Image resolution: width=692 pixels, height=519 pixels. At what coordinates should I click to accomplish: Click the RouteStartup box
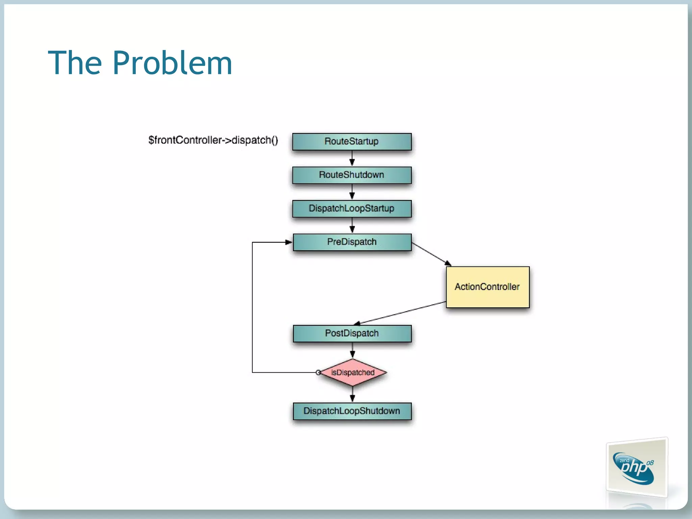pyautogui.click(x=352, y=141)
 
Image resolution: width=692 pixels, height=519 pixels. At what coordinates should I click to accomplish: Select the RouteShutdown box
pyautogui.click(x=352, y=175)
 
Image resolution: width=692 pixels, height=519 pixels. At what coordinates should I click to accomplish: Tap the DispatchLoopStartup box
pyautogui.click(x=352, y=208)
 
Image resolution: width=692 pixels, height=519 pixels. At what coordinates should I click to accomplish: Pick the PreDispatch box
pyautogui.click(x=352, y=242)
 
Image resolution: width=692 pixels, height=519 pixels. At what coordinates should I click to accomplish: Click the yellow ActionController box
pyautogui.click(x=487, y=287)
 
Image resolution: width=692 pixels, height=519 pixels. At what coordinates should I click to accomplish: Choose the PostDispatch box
pyautogui.click(x=352, y=333)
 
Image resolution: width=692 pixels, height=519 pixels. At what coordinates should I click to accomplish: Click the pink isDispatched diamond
pyautogui.click(x=352, y=372)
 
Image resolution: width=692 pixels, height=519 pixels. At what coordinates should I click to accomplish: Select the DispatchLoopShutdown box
pyautogui.click(x=352, y=411)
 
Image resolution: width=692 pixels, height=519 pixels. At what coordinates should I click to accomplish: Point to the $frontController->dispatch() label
pyautogui.click(x=213, y=140)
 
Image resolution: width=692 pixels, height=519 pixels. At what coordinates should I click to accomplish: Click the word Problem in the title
pyautogui.click(x=172, y=63)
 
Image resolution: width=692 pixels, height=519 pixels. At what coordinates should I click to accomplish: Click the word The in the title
pyautogui.click(x=75, y=63)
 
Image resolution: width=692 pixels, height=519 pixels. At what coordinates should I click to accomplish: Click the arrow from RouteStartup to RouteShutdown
pyautogui.click(x=352, y=158)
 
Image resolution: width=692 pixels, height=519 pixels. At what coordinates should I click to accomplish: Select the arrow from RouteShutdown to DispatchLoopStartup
pyautogui.click(x=352, y=192)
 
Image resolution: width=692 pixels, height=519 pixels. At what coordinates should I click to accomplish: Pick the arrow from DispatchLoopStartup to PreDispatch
pyautogui.click(x=352, y=225)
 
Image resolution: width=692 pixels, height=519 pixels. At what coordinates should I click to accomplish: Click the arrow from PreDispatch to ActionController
pyautogui.click(x=431, y=254)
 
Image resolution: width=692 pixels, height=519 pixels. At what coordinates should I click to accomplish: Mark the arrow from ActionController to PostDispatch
pyautogui.click(x=400, y=313)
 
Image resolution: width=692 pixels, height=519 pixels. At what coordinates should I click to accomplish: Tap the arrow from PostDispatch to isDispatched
pyautogui.click(x=352, y=350)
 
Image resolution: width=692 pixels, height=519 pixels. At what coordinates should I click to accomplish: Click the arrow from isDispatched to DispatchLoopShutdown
pyautogui.click(x=352, y=394)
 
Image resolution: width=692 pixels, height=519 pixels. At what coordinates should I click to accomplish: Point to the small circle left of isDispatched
pyautogui.click(x=318, y=372)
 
